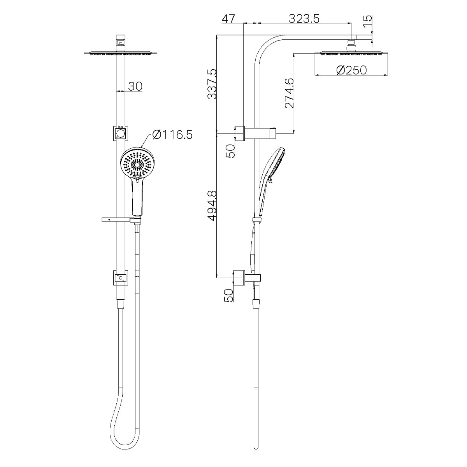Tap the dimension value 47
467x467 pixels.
coord(229,18)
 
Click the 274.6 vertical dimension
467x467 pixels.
coord(289,93)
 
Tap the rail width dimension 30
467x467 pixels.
coord(135,86)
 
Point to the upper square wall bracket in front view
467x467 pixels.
coord(120,133)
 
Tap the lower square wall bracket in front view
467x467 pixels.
coord(120,277)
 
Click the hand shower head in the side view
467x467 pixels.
coord(276,167)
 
